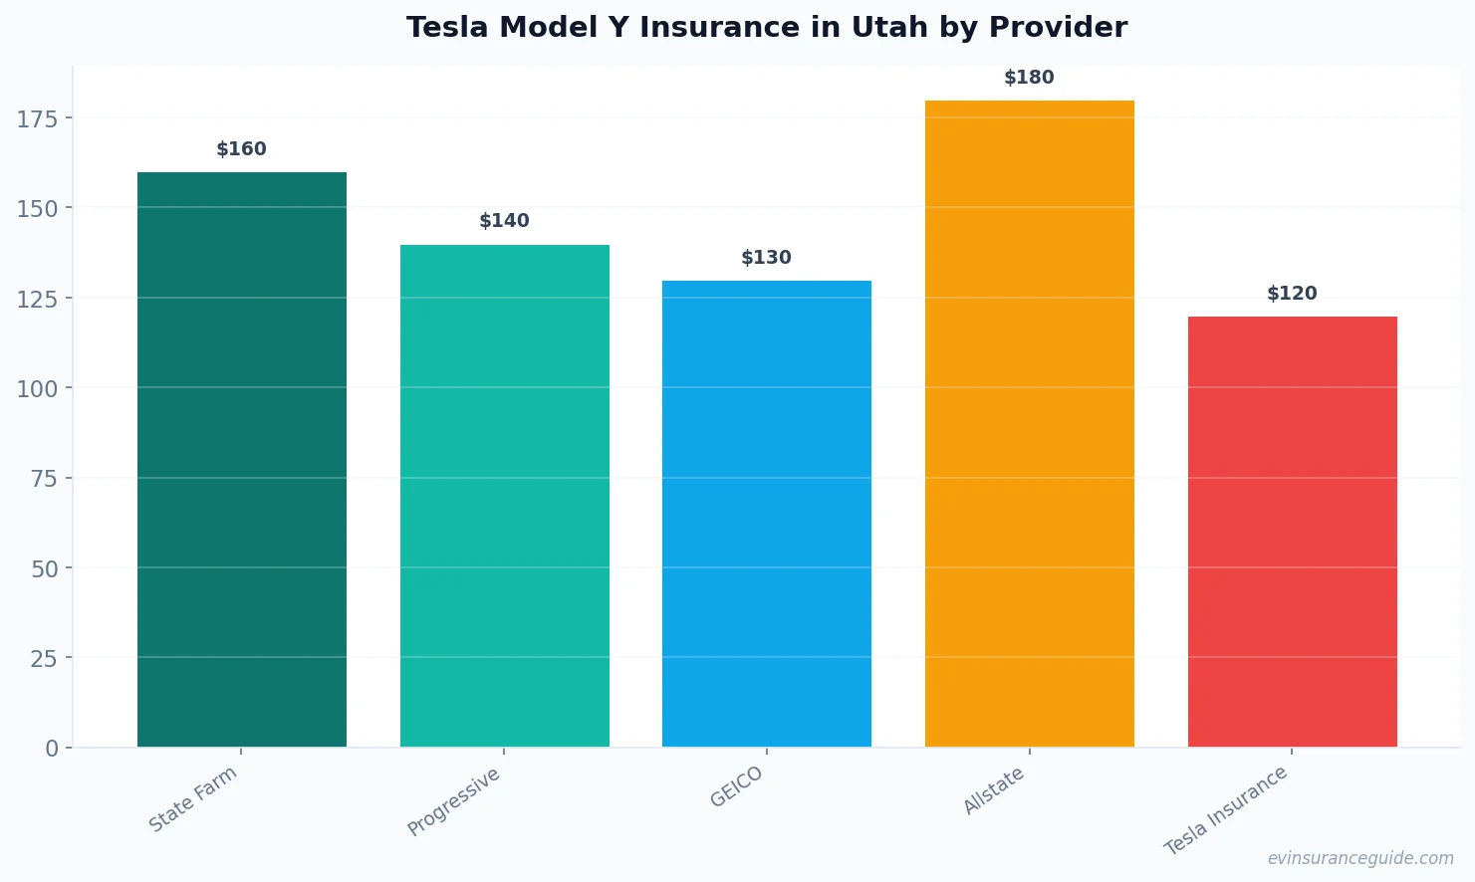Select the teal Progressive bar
coord(504,495)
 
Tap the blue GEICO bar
coord(767,513)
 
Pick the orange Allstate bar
coord(1029,423)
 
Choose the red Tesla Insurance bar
coord(1292,531)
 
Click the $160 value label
coord(242,149)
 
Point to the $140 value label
coord(504,221)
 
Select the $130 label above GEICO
coord(767,258)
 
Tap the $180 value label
coord(1029,78)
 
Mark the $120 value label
coord(1292,294)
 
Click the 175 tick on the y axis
coord(37,119)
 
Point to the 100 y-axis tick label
coord(37,388)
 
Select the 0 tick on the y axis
coord(52,749)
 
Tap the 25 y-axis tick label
coord(44,658)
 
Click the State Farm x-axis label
coord(193,798)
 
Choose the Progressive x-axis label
coord(454,801)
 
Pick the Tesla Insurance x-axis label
coord(1226,810)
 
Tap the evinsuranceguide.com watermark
coord(1359,858)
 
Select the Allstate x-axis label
coord(993,791)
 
